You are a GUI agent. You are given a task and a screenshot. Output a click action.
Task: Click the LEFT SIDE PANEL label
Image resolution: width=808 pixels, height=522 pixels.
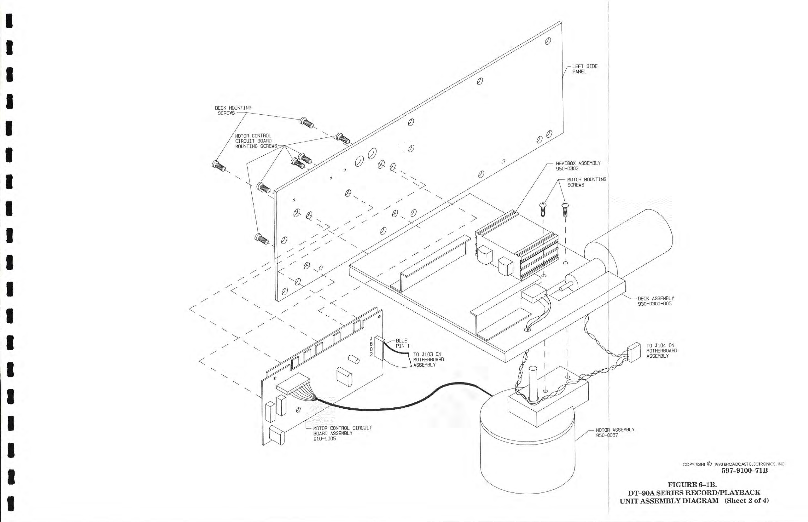(585, 69)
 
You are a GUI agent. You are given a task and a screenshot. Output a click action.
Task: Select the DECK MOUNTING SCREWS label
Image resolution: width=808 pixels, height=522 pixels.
(233, 110)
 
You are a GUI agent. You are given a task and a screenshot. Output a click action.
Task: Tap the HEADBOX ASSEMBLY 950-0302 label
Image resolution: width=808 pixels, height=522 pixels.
(578, 166)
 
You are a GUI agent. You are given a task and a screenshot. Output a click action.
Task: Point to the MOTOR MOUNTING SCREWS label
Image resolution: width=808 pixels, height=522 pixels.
(586, 182)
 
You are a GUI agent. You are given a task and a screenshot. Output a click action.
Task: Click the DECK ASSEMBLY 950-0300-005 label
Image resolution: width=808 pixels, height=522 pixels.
(656, 301)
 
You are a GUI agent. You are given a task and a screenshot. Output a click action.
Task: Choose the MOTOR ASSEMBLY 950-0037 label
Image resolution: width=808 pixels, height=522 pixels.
(615, 432)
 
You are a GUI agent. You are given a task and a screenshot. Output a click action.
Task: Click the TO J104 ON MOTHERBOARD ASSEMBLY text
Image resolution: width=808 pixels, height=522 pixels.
(661, 351)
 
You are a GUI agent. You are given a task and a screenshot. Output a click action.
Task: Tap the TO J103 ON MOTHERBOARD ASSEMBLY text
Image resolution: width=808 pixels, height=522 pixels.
(428, 360)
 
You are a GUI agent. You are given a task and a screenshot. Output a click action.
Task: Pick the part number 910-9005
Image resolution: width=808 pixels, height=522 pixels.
(324, 439)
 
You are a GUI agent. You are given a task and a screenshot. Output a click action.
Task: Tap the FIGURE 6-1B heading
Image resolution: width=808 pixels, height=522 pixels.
(692, 485)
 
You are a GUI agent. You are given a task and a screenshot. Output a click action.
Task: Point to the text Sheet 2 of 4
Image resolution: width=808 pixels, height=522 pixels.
(746, 501)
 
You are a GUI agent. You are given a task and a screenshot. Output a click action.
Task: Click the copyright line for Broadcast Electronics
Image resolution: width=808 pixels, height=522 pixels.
(733, 464)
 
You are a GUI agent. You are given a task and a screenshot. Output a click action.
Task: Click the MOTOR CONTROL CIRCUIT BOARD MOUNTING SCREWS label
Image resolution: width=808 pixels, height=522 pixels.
(256, 141)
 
